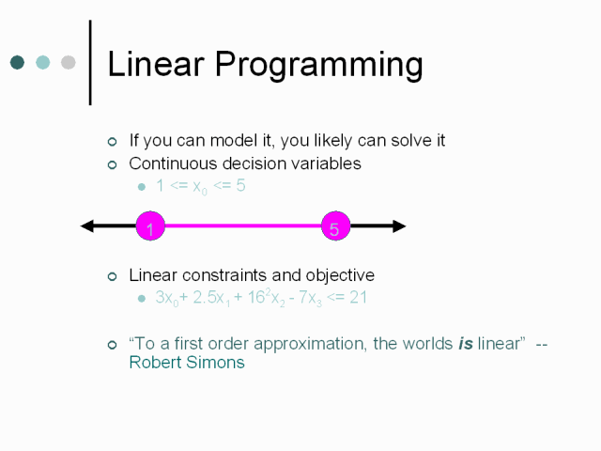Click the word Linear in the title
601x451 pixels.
tap(156, 64)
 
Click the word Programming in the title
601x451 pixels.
tap(319, 66)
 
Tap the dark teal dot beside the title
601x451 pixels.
tap(17, 62)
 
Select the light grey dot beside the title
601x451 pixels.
tap(69, 62)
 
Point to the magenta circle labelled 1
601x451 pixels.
tap(150, 225)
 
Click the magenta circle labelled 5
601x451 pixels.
tap(336, 225)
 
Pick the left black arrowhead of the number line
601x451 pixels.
tap(86, 225)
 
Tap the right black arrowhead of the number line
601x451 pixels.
tap(399, 225)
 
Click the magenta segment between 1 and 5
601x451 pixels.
tap(243, 225)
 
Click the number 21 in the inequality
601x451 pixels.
tap(359, 298)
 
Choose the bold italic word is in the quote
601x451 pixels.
tap(466, 344)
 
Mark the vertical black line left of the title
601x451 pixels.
tap(90, 63)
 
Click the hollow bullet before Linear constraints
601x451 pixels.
tap(113, 276)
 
